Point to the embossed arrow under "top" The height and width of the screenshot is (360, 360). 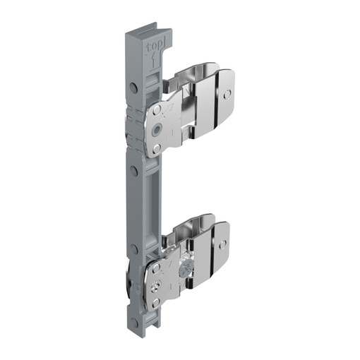pos(153,59)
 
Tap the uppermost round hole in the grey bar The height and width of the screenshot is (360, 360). pos(133,88)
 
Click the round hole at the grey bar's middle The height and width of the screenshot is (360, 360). pos(134,170)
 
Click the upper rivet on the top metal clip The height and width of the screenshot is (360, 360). pos(157,109)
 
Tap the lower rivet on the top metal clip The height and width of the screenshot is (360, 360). pos(157,148)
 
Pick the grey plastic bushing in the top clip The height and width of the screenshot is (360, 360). pos(157,128)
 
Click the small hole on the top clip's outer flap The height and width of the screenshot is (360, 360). pos(227,94)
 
